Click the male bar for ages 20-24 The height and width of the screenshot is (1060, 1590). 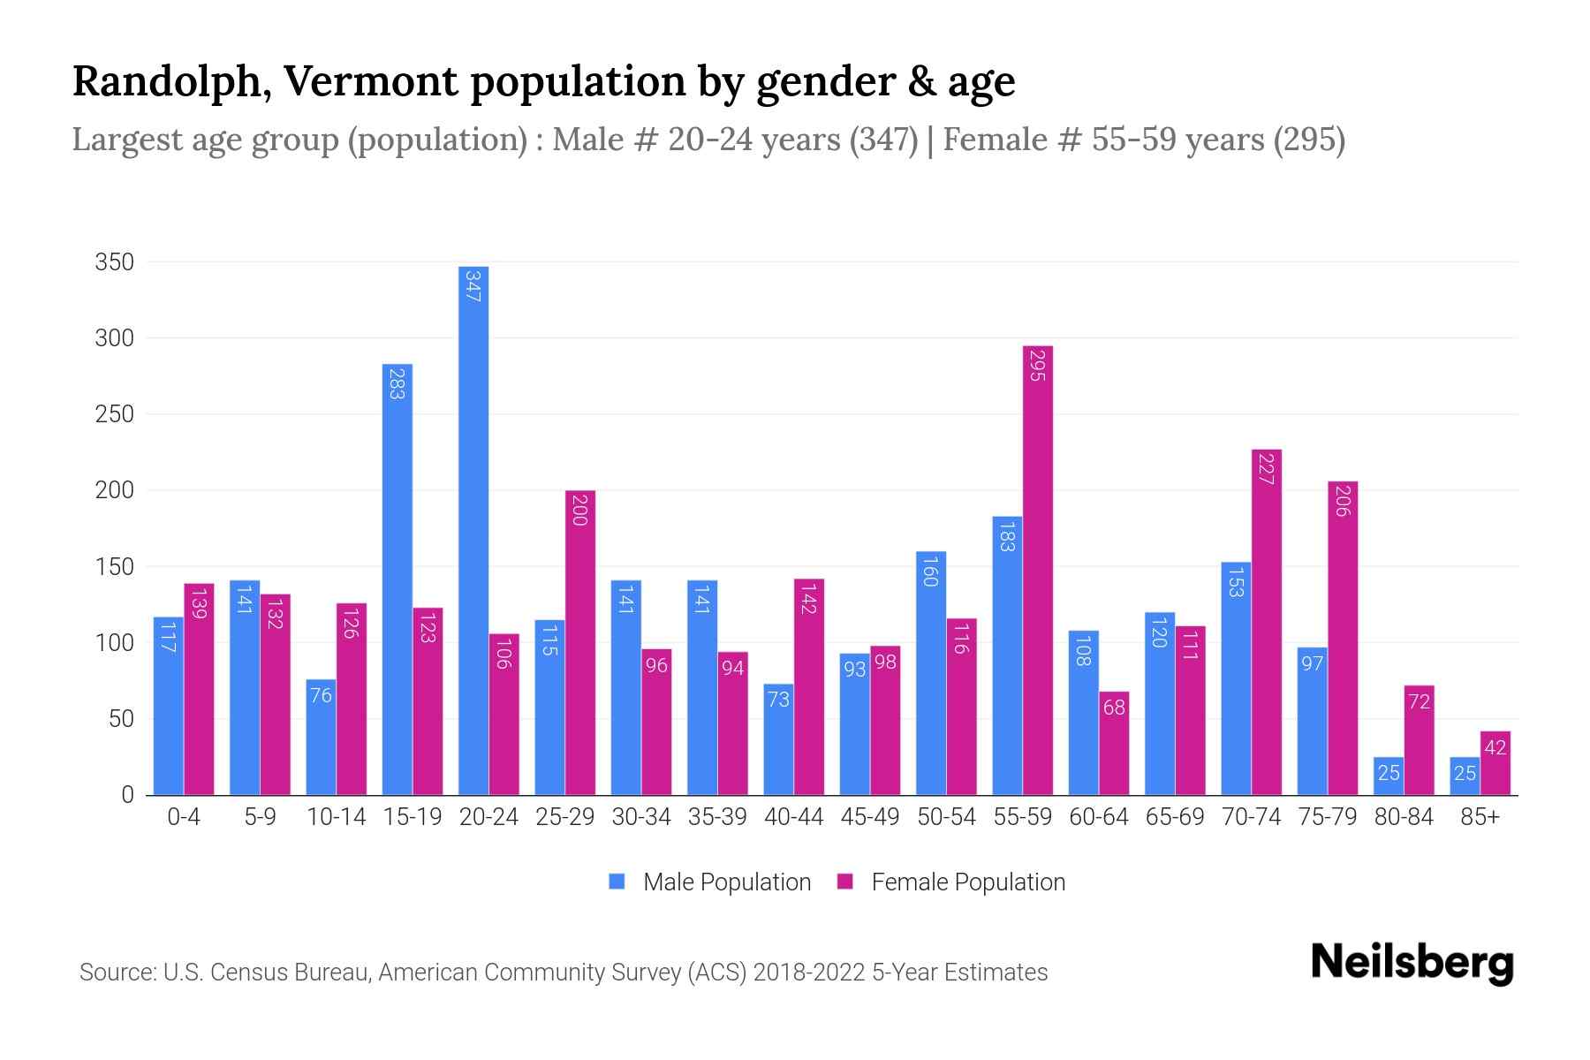473,530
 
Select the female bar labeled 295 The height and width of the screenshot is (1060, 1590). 1038,570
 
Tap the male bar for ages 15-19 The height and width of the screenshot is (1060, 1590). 397,579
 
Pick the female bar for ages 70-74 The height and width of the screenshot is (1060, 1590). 1267,622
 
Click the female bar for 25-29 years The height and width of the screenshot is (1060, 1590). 580,642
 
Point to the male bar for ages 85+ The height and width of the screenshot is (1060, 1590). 1465,776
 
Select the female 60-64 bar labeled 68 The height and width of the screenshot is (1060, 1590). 1114,743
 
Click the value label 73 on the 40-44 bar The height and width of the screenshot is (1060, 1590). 778,700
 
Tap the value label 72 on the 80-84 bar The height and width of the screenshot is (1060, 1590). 1419,701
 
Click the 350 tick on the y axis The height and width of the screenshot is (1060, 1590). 115,262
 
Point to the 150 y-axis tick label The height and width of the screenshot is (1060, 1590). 115,566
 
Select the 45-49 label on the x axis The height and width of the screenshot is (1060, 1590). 870,817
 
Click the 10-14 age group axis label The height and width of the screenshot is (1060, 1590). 336,817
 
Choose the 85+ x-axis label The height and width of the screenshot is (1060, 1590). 1480,817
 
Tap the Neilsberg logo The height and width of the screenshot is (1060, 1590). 1412,963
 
